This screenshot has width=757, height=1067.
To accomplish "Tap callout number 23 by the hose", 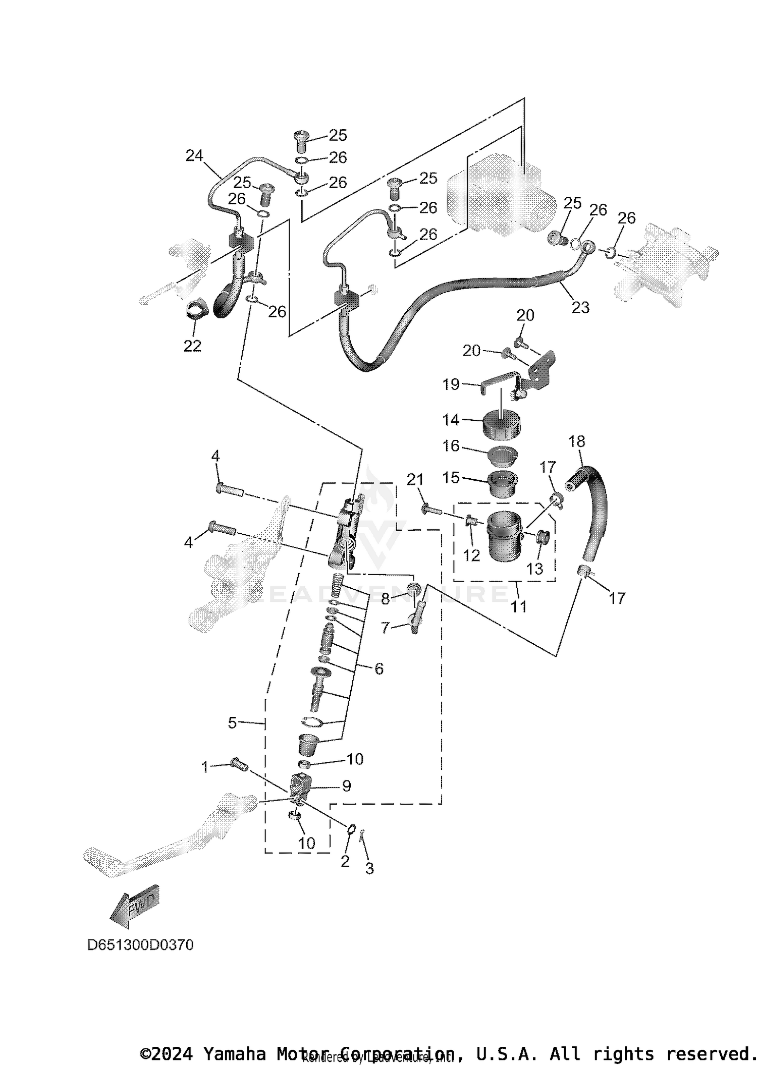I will (580, 307).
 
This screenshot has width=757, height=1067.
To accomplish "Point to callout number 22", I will (192, 346).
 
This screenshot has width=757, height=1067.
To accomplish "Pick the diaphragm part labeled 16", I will (503, 456).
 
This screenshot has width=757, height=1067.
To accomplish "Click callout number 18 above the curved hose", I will (577, 441).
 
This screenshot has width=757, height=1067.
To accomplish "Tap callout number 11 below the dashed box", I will (518, 606).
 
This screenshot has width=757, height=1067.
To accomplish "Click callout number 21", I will (415, 480).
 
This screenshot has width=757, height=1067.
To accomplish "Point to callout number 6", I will (379, 669).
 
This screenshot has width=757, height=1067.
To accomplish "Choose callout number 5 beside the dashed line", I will (232, 723).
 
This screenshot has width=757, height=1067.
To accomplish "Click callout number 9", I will (346, 785).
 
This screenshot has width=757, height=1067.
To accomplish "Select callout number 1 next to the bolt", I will (205, 767).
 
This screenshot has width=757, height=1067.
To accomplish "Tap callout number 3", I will (369, 868).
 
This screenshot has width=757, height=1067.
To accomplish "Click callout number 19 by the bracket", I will (451, 384).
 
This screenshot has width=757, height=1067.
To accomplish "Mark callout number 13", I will (534, 569).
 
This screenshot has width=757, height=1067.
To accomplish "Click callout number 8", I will (385, 599).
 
